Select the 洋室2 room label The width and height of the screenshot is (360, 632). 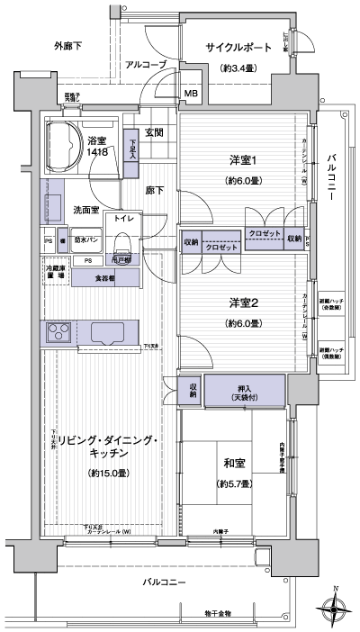click(x=238, y=303)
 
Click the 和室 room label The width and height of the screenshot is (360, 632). click(x=236, y=464)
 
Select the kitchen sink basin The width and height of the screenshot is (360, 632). click(x=110, y=333)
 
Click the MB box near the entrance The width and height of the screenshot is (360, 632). click(x=192, y=93)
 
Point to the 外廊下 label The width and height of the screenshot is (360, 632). click(x=68, y=45)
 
